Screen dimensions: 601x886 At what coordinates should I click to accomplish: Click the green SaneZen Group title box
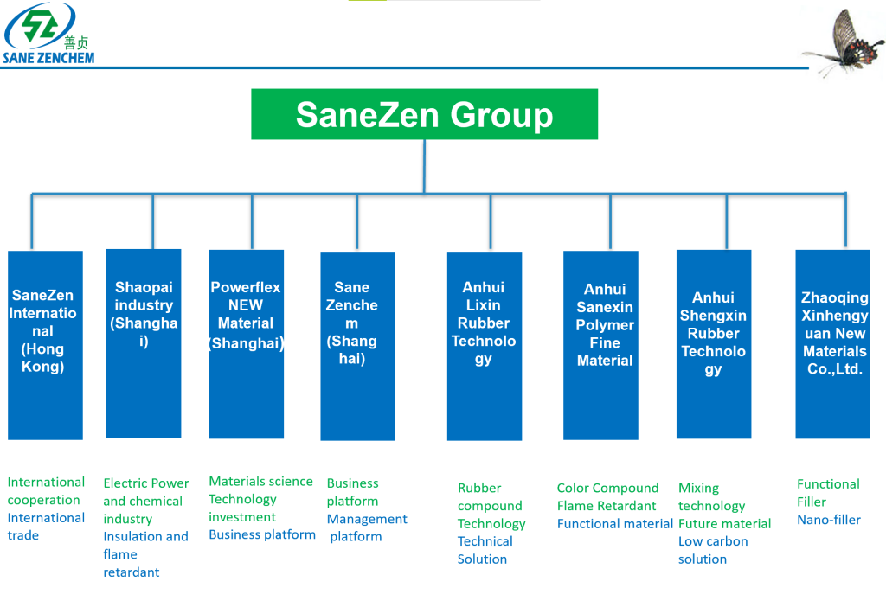(424, 114)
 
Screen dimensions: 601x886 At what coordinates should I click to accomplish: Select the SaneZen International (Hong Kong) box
(45, 345)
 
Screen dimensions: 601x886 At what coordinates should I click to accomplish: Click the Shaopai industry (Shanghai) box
(144, 343)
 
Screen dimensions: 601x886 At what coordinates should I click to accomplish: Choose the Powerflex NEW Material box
(246, 343)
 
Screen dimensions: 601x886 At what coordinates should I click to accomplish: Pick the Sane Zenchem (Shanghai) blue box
(357, 346)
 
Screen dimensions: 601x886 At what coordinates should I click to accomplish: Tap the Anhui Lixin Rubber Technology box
(484, 346)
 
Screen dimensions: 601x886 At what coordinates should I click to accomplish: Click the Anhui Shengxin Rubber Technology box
(713, 343)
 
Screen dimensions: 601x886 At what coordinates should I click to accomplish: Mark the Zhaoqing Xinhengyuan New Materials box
(832, 343)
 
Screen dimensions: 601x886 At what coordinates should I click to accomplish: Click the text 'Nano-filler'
(828, 520)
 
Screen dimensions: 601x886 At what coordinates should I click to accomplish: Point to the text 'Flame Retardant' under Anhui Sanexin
(606, 506)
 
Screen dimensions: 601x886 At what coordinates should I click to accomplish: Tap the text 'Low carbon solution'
(712, 550)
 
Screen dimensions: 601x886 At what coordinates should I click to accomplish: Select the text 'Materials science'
(260, 482)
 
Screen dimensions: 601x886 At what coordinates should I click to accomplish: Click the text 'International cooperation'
(46, 491)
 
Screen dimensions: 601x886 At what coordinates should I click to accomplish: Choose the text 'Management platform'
(366, 527)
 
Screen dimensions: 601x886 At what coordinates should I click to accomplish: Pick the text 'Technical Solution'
(485, 550)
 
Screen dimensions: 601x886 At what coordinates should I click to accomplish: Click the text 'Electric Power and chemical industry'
(144, 501)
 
